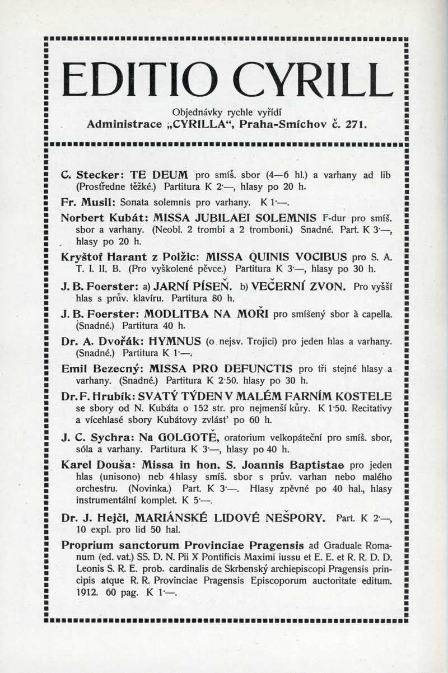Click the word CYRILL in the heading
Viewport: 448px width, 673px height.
coord(313,80)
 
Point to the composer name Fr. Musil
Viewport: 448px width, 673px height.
coord(83,201)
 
